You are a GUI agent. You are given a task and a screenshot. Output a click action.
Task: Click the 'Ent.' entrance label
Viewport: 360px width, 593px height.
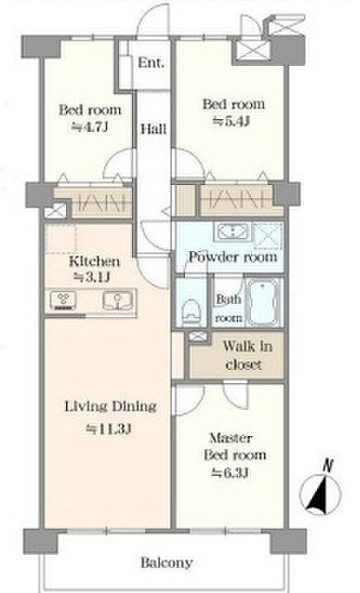pos(151,63)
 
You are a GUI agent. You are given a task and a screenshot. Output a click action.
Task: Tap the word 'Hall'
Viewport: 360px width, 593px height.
pos(154,129)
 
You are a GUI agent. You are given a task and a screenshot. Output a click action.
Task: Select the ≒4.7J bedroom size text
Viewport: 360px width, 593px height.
pos(90,127)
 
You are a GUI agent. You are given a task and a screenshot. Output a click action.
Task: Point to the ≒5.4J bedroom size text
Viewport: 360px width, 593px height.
pos(231,121)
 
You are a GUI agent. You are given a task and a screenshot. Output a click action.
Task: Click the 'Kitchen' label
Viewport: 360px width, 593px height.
pos(94,261)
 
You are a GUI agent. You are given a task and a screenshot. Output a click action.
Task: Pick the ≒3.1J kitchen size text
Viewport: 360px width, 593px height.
pos(92,278)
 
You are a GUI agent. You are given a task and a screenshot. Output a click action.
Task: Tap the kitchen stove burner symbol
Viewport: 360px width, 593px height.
pos(63,300)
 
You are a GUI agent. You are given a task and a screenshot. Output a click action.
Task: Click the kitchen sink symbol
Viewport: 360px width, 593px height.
pos(118,301)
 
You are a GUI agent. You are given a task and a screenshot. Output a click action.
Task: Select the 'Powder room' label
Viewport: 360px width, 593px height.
pos(233,257)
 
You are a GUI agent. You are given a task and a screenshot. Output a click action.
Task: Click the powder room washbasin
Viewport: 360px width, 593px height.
pos(232,231)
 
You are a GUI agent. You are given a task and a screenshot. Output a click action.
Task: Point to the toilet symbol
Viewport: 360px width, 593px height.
pos(191,311)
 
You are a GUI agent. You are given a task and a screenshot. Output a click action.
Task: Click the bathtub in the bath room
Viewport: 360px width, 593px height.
pos(264,302)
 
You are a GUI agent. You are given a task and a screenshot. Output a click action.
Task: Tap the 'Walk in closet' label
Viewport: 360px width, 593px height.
pos(246,355)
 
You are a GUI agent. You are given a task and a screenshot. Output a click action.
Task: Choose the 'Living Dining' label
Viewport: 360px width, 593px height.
pos(111,406)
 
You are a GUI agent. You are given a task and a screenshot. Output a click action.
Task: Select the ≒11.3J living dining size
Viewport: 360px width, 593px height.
pos(108,429)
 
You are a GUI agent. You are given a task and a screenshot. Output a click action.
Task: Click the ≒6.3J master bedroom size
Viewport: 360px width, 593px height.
pos(230,472)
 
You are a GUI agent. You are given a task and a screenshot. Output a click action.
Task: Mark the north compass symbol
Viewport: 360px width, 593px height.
pos(320,494)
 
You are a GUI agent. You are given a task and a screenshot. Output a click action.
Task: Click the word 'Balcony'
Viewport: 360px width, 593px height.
pos(167,562)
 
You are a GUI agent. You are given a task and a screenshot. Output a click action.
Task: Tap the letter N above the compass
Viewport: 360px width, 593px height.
pos(328,466)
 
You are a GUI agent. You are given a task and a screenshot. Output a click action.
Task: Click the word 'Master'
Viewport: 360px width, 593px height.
pos(230,438)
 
